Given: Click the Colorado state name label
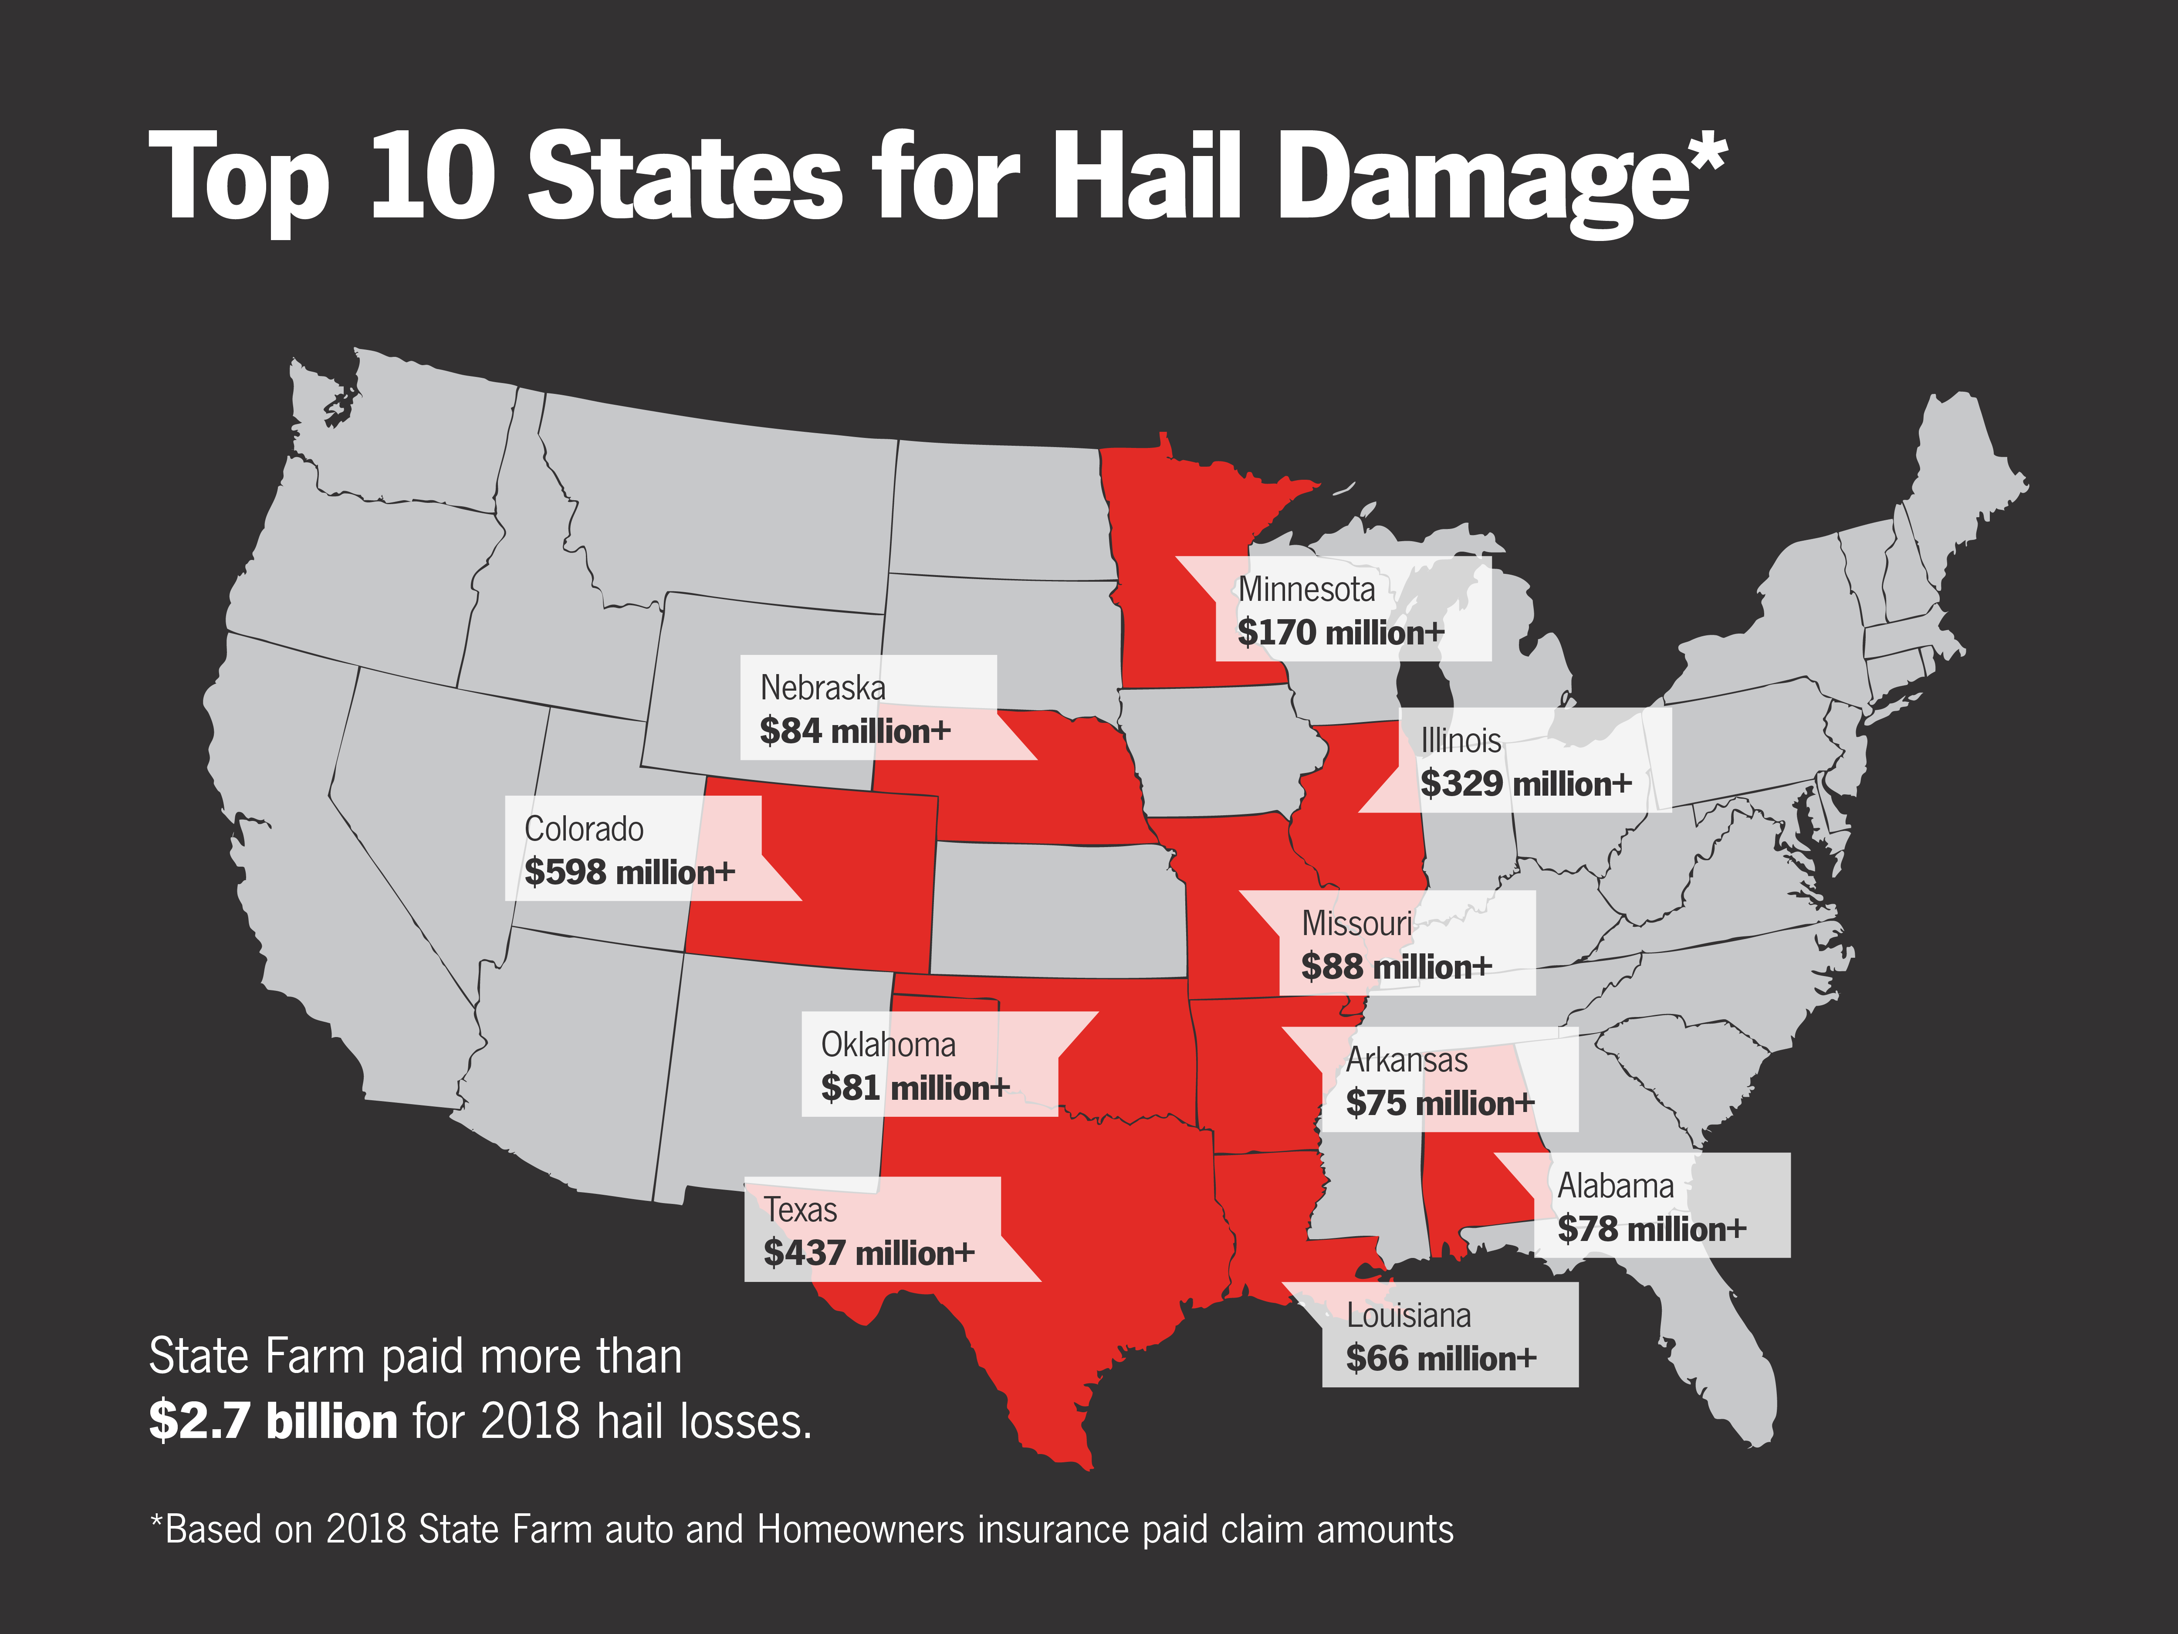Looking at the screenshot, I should (x=584, y=829).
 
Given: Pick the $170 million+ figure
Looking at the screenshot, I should (x=1340, y=632).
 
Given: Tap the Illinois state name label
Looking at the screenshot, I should (x=1460, y=741).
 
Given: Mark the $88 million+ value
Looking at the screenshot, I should (x=1395, y=967).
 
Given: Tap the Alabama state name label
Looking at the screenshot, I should (x=1615, y=1186).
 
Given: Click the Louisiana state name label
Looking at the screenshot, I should (x=1408, y=1316).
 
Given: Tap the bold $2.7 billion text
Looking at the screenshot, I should (x=273, y=1421).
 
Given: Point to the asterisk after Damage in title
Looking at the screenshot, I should (x=1706, y=153).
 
